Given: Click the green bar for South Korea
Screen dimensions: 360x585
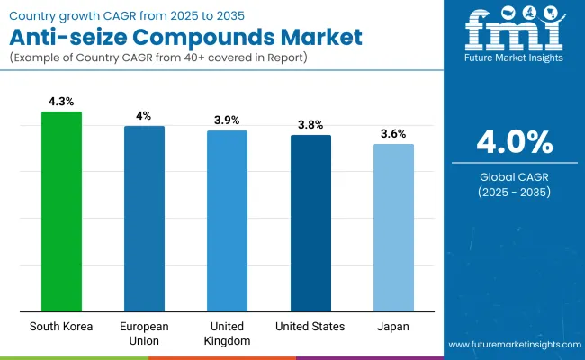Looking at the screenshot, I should [x=61, y=211].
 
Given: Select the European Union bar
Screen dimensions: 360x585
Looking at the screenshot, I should [x=144, y=219].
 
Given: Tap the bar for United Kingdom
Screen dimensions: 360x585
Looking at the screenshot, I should [x=227, y=220].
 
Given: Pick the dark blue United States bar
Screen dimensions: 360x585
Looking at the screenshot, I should [x=310, y=223].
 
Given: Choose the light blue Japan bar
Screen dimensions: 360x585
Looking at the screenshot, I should [x=393, y=227].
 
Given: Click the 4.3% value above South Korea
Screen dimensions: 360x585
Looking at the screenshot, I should [x=61, y=102].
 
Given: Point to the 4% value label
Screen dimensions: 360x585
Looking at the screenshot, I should [x=144, y=116].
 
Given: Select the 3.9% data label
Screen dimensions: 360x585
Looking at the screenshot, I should [x=227, y=121].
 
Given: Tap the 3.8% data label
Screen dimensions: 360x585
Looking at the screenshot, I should [x=310, y=125].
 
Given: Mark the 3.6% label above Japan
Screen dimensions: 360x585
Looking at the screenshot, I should [x=393, y=133].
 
